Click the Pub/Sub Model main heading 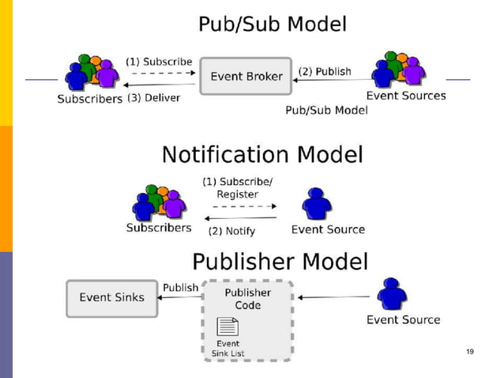tap(272, 24)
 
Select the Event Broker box tap(246, 77)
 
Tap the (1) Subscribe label tap(159, 61)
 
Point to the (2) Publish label tap(325, 71)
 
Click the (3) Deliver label tap(154, 98)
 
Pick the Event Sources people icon tap(398, 70)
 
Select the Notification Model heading tap(262, 153)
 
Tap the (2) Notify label tap(231, 232)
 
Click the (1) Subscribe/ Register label tap(238, 187)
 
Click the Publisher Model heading tap(280, 261)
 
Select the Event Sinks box tap(111, 298)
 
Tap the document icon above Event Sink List tap(228, 326)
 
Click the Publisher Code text tap(248, 299)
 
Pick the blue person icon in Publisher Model tap(392, 293)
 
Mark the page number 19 tap(470, 351)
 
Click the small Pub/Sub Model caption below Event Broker tap(326, 111)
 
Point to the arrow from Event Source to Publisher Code tap(333, 297)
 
